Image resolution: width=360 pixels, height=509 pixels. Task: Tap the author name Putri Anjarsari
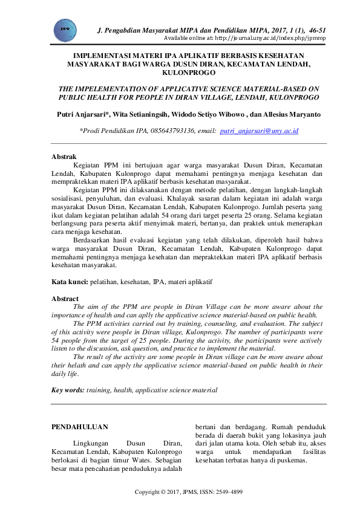pyautogui.click(x=79, y=114)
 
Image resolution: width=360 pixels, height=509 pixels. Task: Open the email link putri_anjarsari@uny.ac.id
pyautogui.click(x=259, y=131)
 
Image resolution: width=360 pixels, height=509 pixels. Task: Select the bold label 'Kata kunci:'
pyautogui.click(x=70, y=282)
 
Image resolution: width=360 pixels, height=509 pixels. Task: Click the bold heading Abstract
pyautogui.click(x=65, y=299)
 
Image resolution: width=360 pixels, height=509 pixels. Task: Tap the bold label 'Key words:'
pyautogui.click(x=68, y=391)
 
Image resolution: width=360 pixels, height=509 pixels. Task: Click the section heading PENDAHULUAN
pyautogui.click(x=79, y=427)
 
